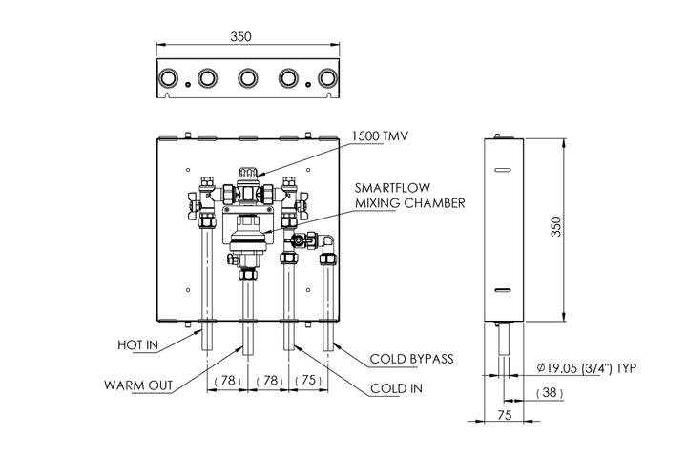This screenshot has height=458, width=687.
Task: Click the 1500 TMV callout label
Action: [380, 135]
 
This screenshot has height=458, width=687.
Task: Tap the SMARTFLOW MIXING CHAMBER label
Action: [409, 196]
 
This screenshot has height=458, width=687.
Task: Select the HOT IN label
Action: [137, 344]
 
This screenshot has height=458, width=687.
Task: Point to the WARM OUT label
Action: [138, 385]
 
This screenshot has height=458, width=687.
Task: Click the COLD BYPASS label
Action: [411, 359]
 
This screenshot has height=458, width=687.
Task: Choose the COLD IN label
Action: [397, 388]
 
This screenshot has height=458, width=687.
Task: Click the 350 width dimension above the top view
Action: [241, 37]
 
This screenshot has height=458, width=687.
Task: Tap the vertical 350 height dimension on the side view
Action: [556, 226]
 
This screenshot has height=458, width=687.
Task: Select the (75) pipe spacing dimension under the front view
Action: [308, 380]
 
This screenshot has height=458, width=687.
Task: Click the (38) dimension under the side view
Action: [550, 393]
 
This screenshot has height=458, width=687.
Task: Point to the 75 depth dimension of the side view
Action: [505, 415]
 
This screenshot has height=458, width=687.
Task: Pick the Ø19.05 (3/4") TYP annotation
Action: [586, 368]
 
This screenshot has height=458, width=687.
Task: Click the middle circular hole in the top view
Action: [248, 79]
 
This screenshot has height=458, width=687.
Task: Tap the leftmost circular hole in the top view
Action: [167, 79]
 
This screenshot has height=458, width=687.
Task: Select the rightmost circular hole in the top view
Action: [327, 79]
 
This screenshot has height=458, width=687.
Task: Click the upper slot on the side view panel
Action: [503, 170]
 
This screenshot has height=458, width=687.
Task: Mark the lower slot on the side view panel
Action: [503, 290]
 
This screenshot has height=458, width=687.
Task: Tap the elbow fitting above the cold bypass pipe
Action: [326, 242]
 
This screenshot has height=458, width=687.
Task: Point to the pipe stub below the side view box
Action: [504, 339]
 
